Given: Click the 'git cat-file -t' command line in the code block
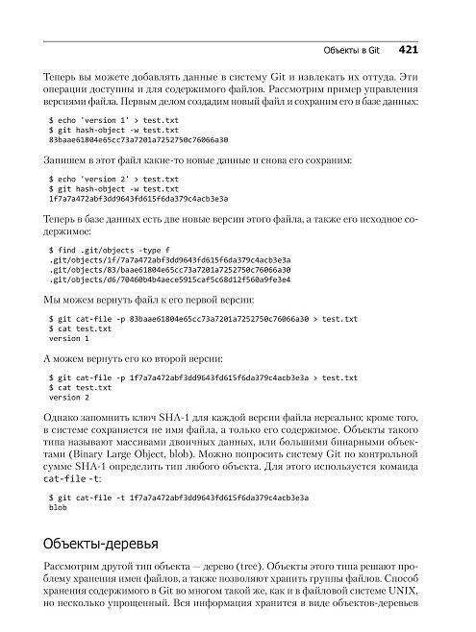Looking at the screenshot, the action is pos(179,498).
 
